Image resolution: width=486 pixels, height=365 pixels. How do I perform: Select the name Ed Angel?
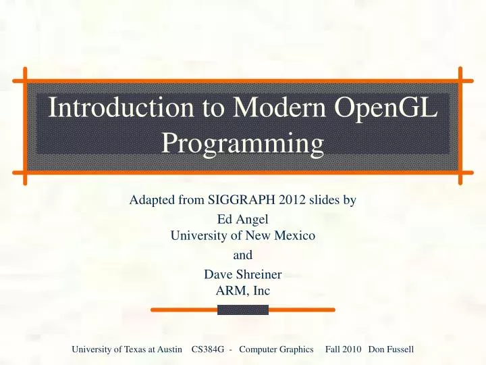tap(243, 220)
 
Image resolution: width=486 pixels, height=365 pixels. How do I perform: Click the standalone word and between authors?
tap(243, 256)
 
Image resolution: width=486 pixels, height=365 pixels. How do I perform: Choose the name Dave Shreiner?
tap(243, 275)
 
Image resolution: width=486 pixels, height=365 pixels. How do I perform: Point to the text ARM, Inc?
tap(243, 291)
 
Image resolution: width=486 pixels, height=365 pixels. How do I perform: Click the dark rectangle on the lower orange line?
tap(243, 310)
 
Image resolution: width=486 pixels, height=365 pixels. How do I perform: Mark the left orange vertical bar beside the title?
tap(24, 126)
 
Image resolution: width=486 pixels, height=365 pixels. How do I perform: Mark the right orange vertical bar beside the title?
tap(460, 126)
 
